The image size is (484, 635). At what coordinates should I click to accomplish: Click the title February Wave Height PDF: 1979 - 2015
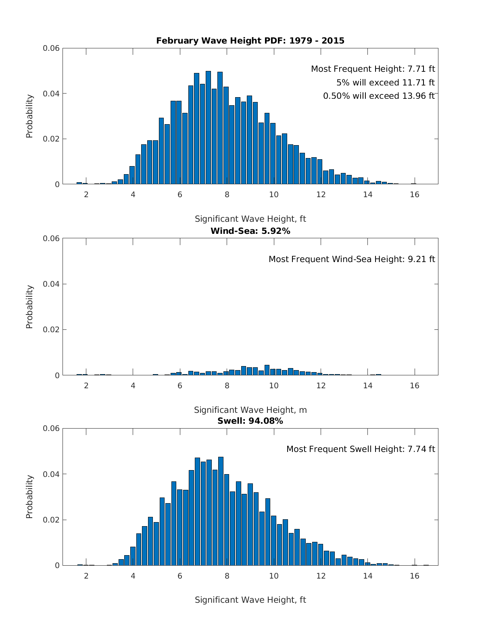250,41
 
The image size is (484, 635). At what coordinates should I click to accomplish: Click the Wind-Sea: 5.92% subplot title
250,231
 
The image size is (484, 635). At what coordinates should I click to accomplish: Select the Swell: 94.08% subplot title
250,421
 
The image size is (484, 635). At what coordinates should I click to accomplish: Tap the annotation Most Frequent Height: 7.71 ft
373,69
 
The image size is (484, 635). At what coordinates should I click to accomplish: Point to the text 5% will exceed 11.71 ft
385,83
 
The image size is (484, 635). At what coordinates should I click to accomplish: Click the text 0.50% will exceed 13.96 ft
379,96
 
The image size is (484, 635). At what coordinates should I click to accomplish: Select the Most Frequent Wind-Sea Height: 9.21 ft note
352,259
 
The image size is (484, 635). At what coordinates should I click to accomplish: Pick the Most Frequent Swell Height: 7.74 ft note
361,449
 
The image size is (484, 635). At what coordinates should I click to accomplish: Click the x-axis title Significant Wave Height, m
250,410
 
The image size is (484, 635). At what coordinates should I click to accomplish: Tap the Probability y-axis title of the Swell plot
29,497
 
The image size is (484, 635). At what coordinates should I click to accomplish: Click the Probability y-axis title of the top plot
29,116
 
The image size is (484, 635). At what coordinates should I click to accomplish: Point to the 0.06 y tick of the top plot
51,48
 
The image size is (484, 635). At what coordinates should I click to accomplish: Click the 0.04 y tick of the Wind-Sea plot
51,284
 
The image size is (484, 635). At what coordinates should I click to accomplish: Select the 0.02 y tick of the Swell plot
51,520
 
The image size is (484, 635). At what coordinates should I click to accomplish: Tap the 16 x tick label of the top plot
414,194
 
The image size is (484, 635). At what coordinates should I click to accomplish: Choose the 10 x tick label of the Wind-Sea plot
273,385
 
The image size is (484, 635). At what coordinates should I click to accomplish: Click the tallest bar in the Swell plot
221,511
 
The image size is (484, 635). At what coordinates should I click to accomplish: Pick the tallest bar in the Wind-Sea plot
267,370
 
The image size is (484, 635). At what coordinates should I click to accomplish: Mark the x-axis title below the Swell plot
250,600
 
